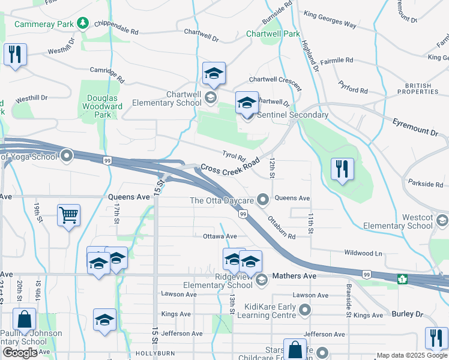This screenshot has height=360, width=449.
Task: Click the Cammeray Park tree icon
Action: pyautogui.click(x=83, y=23)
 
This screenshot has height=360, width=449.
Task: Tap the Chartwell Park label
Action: pyautogui.click(x=273, y=34)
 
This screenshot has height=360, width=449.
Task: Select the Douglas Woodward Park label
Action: pyautogui.click(x=104, y=106)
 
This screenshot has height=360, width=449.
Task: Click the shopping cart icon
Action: pyautogui.click(x=69, y=215)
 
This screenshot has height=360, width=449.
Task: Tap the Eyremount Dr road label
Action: pyautogui.click(x=415, y=131)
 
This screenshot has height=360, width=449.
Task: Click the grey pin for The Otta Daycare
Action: pyautogui.click(x=262, y=199)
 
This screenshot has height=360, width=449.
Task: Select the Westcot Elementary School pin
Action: pyautogui.click(x=442, y=221)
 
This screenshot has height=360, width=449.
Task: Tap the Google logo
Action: pyautogui.click(x=20, y=353)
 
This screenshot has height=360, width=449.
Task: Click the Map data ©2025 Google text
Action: pyautogui.click(x=411, y=355)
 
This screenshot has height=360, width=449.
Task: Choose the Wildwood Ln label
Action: pyautogui.click(x=363, y=253)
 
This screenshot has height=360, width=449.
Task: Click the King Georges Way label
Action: pyautogui.click(x=330, y=20)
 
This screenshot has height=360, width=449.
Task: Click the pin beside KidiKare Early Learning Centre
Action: pyautogui.click(x=305, y=310)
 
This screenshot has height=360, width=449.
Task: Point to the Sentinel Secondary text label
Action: pyautogui.click(x=292, y=115)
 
